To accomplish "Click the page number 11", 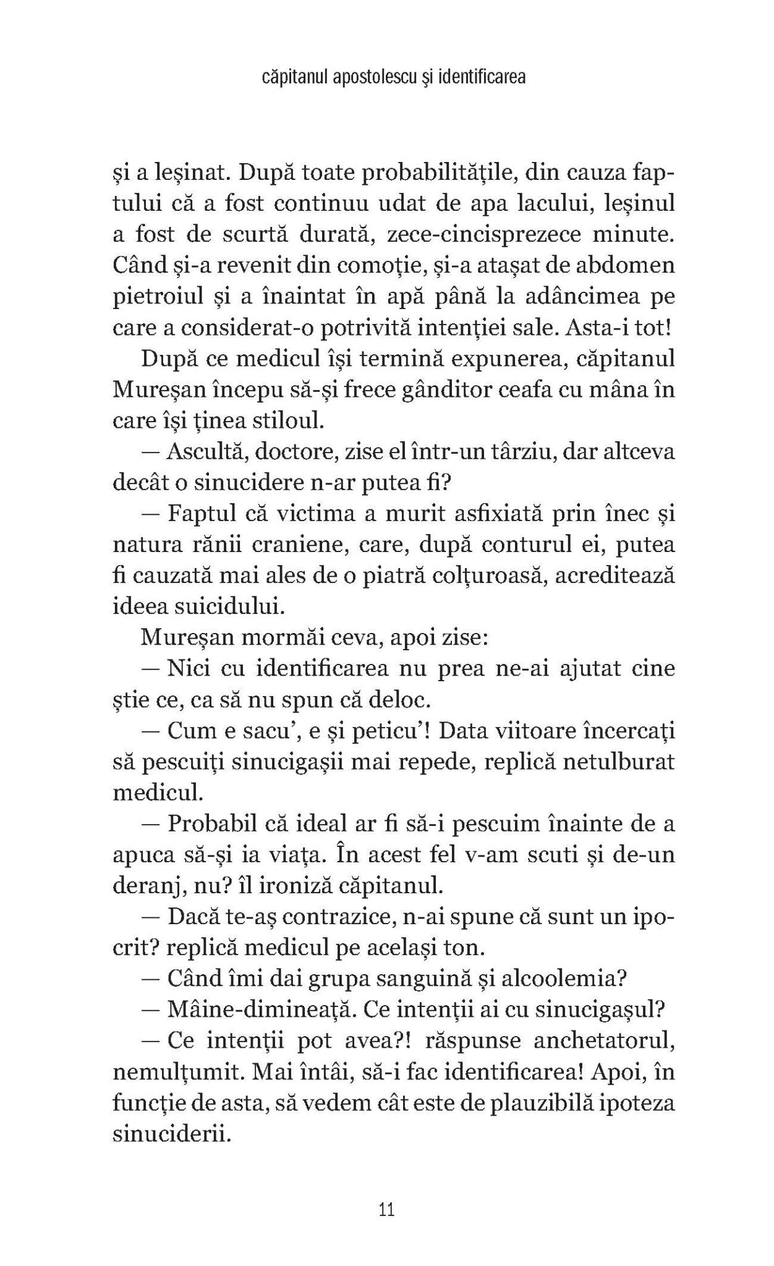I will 387,1209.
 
